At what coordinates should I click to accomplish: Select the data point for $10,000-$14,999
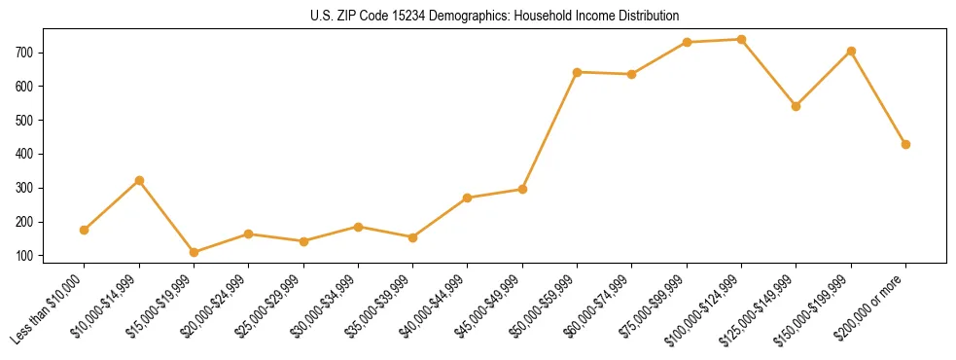pos(139,180)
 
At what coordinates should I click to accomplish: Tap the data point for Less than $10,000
pos(85,230)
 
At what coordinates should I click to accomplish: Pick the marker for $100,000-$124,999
pos(741,40)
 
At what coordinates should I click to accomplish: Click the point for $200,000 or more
pos(905,144)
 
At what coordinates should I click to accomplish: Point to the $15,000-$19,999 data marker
pos(194,252)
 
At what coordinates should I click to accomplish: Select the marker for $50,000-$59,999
pos(578,72)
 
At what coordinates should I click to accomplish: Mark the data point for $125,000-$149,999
pos(796,106)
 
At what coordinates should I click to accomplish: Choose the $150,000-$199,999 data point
pos(851,51)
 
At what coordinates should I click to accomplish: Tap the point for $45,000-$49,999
pos(522,189)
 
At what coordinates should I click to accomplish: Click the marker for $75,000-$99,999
pos(687,42)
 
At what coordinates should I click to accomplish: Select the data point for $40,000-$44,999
pos(468,198)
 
